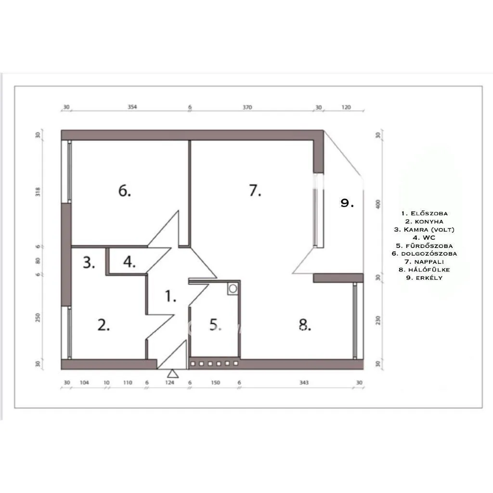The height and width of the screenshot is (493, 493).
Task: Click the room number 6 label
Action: [125, 191]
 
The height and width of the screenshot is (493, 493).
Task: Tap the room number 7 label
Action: [255, 191]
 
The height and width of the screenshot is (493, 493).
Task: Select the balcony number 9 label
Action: [347, 203]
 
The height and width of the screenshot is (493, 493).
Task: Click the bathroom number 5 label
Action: [215, 325]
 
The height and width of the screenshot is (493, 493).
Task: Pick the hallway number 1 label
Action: [170, 296]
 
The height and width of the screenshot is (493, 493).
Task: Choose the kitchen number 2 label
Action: [104, 325]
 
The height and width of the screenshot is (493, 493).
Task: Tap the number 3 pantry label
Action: [89, 263]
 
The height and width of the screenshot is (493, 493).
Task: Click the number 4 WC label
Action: [130, 263]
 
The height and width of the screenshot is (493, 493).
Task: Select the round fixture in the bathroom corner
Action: [233, 288]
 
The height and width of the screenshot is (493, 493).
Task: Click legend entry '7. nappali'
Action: [424, 261]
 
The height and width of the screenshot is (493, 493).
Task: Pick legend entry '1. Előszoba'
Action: [424, 213]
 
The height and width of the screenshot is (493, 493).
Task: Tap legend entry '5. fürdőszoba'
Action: [424, 245]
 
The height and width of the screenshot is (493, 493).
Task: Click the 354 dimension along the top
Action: [132, 107]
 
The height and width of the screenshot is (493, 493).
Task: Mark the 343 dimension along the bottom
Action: [304, 383]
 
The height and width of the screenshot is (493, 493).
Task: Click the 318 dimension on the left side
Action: [38, 192]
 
